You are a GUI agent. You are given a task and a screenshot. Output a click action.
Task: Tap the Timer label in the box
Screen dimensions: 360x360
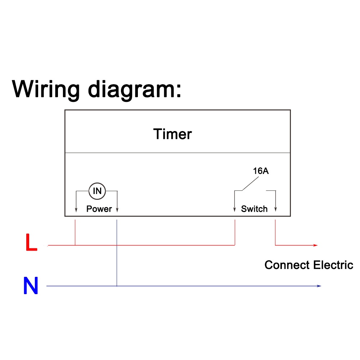click(x=172, y=134)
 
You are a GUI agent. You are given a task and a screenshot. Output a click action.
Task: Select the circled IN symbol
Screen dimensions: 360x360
click(x=97, y=191)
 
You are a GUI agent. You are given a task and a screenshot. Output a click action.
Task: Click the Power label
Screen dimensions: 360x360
click(x=99, y=209)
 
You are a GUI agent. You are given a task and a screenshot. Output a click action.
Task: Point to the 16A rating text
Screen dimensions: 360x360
click(x=261, y=171)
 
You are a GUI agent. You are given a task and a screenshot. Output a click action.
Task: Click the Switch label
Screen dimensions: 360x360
click(x=254, y=209)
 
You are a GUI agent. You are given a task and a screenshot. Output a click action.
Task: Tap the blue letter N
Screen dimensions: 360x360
click(x=31, y=286)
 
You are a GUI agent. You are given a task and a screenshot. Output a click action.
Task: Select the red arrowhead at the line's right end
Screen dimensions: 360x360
click(x=315, y=245)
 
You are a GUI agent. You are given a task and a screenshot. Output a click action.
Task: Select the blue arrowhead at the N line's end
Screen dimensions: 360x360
click(x=319, y=286)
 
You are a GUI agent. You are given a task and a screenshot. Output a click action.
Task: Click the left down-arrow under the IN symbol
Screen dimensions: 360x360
click(x=76, y=210)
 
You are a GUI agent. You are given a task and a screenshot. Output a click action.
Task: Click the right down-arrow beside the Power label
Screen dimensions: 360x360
click(x=117, y=210)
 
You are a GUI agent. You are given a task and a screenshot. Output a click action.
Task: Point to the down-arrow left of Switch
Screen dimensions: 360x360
click(x=235, y=210)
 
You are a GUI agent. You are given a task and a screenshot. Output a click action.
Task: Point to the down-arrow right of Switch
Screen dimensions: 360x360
click(x=275, y=210)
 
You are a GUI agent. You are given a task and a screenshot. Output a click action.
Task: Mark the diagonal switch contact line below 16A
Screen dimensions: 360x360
click(x=247, y=185)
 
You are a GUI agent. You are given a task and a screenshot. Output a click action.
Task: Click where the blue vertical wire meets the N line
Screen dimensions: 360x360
click(x=117, y=286)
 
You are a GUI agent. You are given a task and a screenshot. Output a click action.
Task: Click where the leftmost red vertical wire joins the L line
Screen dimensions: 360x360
click(x=75, y=245)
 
